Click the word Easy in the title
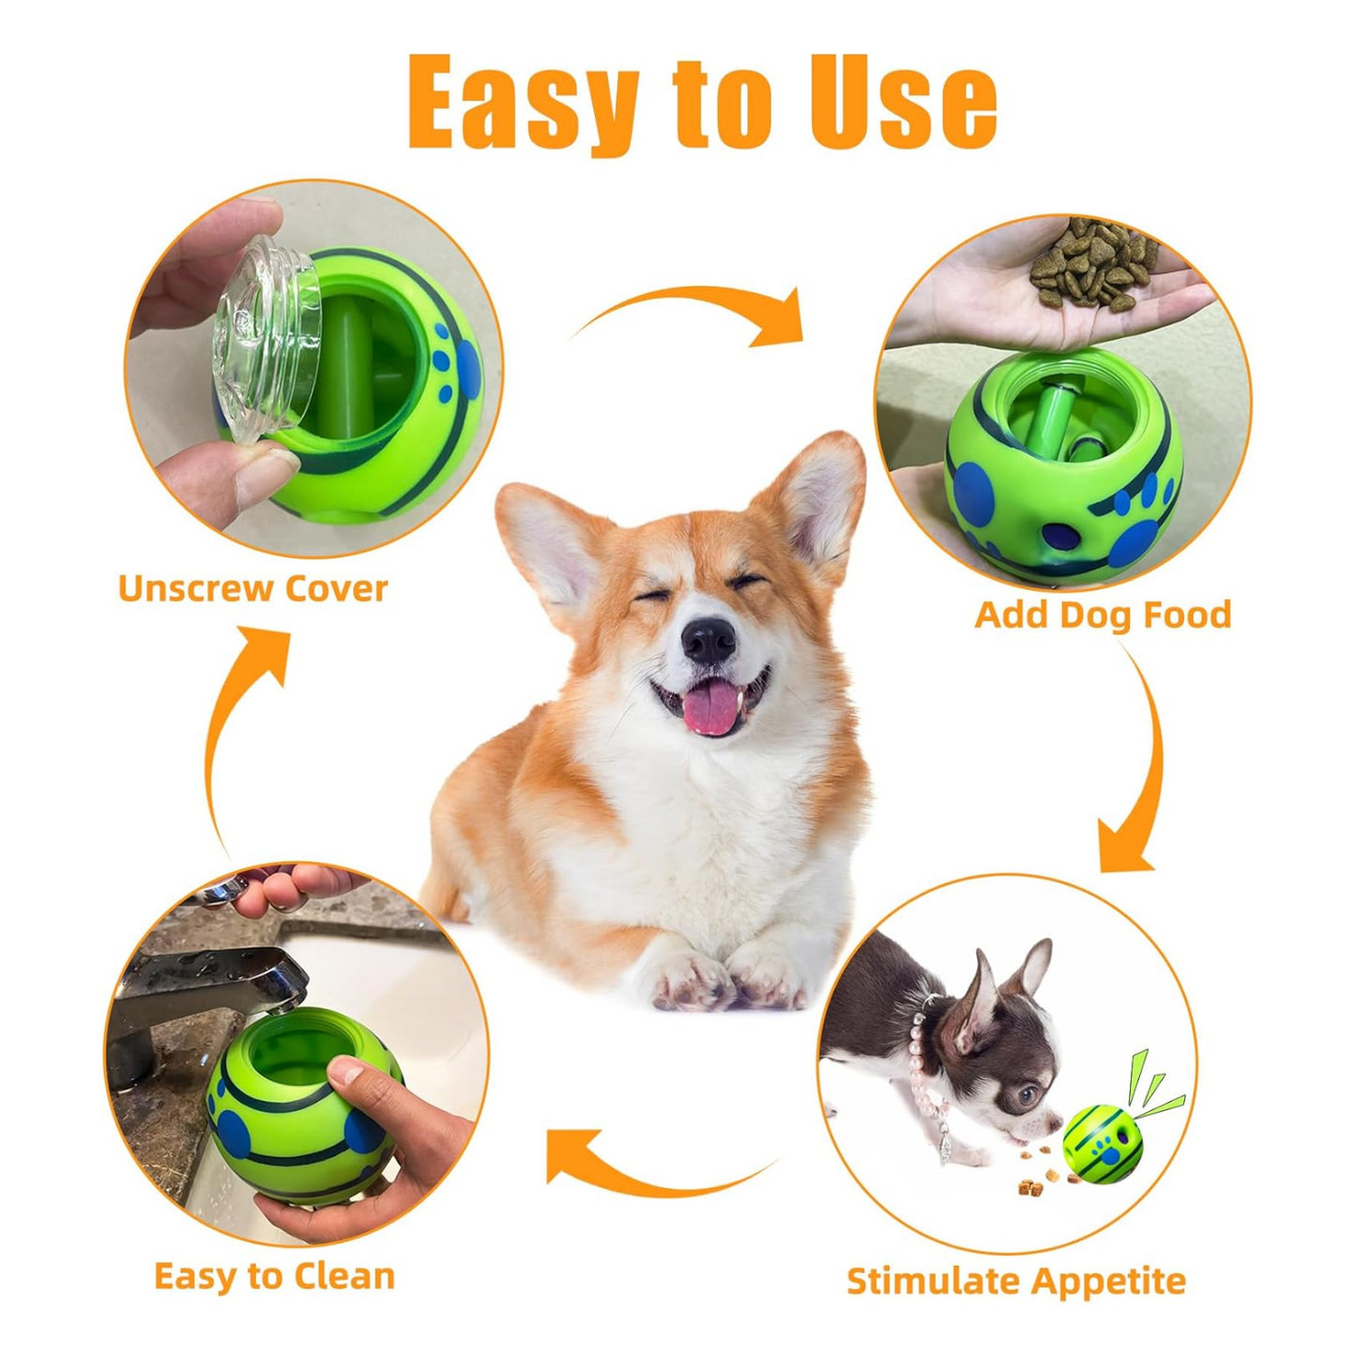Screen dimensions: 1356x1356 523,103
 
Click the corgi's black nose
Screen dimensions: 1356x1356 708,640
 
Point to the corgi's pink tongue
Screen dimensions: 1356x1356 709,707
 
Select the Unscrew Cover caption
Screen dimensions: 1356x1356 252,588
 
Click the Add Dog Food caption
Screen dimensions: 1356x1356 1103,615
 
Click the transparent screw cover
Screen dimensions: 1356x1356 266,339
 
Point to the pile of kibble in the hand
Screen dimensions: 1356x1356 1094,264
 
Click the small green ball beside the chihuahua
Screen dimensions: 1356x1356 1102,1144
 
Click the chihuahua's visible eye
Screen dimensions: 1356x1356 1028,1094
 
